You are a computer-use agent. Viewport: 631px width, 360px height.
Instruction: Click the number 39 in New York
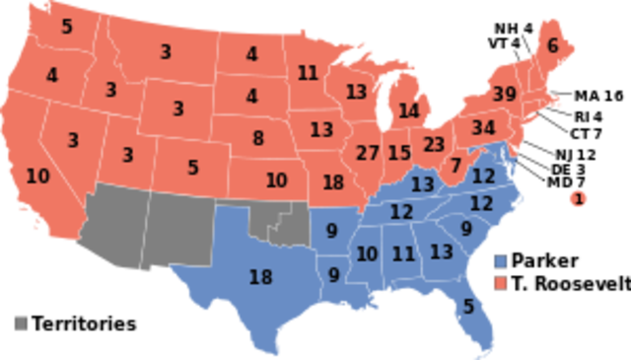504,95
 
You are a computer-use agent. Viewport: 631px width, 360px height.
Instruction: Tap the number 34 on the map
483,128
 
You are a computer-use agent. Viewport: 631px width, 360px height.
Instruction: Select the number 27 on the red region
367,153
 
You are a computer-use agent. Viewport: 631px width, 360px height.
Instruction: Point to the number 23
434,144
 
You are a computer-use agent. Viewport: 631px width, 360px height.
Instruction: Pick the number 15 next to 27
399,153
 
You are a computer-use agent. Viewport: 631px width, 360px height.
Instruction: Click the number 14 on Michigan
408,110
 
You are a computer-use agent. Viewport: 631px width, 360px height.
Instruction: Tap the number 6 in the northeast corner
552,45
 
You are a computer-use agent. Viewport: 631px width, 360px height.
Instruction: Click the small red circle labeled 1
578,200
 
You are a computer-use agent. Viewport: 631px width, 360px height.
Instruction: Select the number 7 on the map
456,166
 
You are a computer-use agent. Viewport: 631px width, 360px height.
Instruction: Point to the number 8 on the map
257,138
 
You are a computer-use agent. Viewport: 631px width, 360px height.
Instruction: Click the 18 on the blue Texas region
260,277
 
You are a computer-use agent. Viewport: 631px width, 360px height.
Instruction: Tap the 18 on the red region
333,181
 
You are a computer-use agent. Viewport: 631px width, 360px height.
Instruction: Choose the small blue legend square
501,260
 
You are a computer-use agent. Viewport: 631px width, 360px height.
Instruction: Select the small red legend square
501,282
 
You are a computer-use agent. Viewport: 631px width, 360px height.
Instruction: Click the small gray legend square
22,323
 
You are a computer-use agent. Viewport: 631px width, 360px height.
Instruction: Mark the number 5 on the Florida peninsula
467,307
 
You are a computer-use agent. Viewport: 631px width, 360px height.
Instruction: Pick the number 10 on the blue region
367,254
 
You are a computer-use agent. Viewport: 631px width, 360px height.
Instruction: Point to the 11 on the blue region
403,254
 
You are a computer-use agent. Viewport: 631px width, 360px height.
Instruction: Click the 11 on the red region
308,73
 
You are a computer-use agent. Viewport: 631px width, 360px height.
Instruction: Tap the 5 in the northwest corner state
66,28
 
